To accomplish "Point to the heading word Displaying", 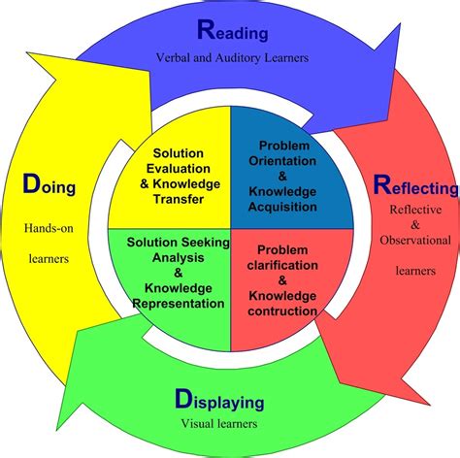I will pyautogui.click(x=220, y=399).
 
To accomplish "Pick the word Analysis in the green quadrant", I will pyautogui.click(x=171, y=258).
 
